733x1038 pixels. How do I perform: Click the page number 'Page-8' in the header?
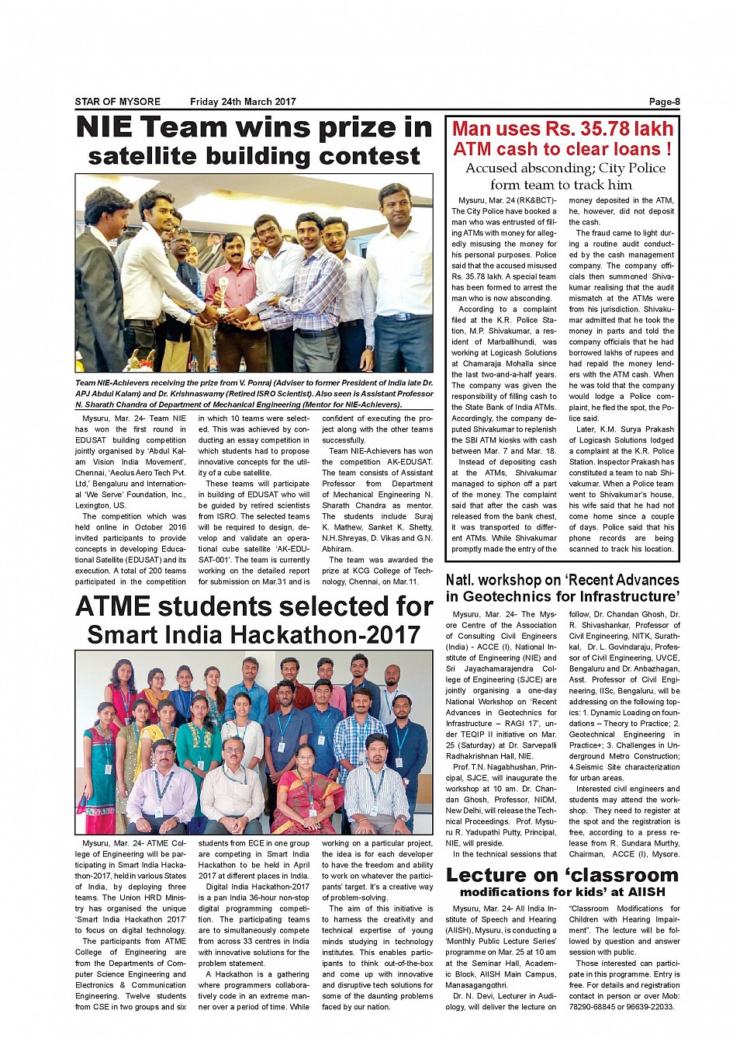pyautogui.click(x=664, y=102)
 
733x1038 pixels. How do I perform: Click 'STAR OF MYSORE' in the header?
pyautogui.click(x=118, y=102)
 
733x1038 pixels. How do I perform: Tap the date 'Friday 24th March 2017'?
pyautogui.click(x=243, y=102)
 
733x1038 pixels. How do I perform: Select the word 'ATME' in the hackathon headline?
pyautogui.click(x=123, y=606)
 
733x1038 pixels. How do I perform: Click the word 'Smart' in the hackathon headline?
pyautogui.click(x=125, y=635)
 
